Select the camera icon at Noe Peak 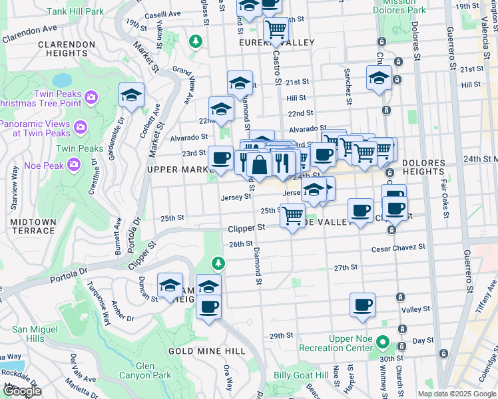(x=74, y=163)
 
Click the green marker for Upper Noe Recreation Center (x=382, y=343)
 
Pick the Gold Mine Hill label (x=198, y=350)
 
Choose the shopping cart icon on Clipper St (x=293, y=215)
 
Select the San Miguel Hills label (x=29, y=334)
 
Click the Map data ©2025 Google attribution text (x=456, y=394)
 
